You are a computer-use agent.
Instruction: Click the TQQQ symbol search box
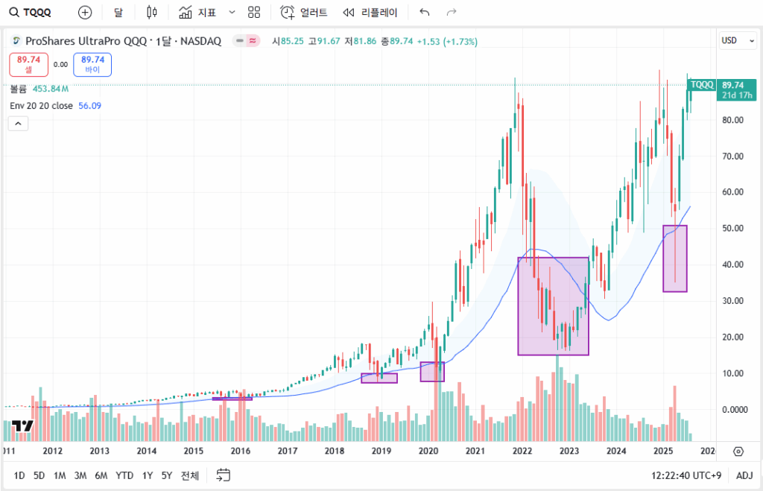click(34, 13)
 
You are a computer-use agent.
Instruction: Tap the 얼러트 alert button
click(304, 13)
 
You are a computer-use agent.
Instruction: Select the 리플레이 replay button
click(370, 13)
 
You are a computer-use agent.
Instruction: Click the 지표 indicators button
click(198, 13)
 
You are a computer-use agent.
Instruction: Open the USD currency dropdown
click(737, 40)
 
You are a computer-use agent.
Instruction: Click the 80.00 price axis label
click(733, 120)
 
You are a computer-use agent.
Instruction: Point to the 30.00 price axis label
click(733, 301)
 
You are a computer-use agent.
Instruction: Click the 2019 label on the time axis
click(381, 451)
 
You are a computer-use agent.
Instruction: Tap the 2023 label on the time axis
click(569, 451)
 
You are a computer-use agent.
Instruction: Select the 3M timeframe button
click(80, 475)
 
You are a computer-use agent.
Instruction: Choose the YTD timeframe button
click(124, 475)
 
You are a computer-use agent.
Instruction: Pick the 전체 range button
click(190, 475)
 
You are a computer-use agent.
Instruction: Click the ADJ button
click(744, 475)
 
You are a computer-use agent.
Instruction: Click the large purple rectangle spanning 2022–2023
click(553, 305)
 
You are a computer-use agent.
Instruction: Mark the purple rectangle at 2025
click(674, 259)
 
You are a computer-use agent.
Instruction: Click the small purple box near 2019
click(379, 378)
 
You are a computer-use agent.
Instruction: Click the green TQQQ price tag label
click(702, 85)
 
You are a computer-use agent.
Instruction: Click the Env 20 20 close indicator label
click(41, 106)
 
